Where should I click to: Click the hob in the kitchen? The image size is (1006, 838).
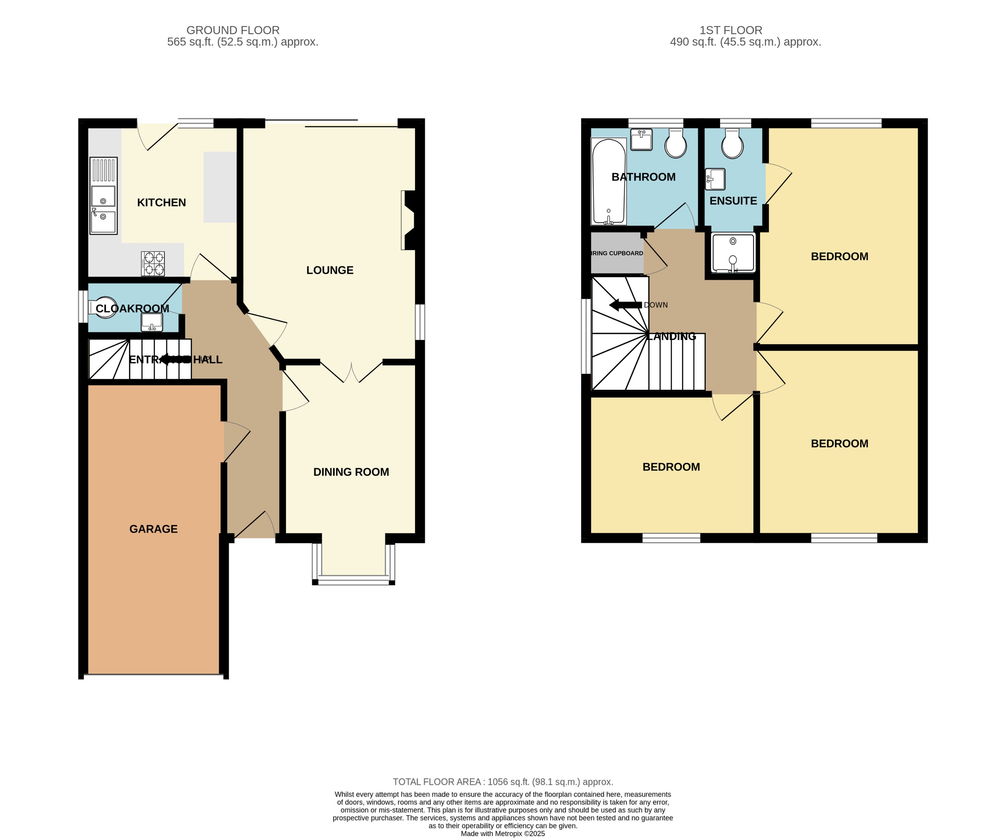pos(153,263)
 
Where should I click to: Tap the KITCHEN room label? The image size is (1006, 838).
pos(161,203)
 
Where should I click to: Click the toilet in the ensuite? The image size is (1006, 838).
pos(732,144)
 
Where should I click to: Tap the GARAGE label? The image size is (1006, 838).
pos(153,529)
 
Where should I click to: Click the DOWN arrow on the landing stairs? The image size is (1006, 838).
pos(626,305)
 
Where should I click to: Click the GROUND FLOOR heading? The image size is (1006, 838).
pos(233,30)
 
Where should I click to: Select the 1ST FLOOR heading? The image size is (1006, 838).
pos(731,30)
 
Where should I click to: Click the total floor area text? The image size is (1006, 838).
pos(503,782)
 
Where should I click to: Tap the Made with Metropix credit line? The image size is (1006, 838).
pos(503,834)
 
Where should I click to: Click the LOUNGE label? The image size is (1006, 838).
pos(330,270)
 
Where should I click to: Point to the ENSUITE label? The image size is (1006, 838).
pos(733,201)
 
